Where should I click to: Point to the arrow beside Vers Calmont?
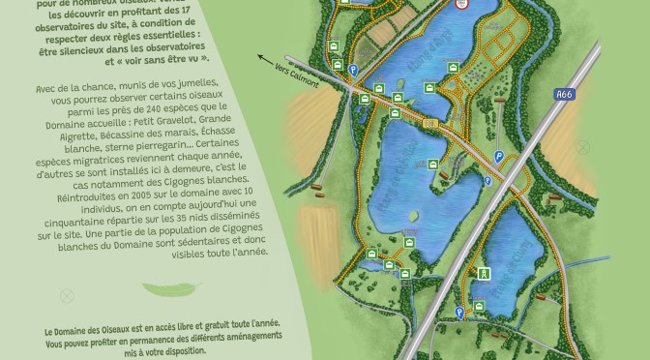tap(266, 60)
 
